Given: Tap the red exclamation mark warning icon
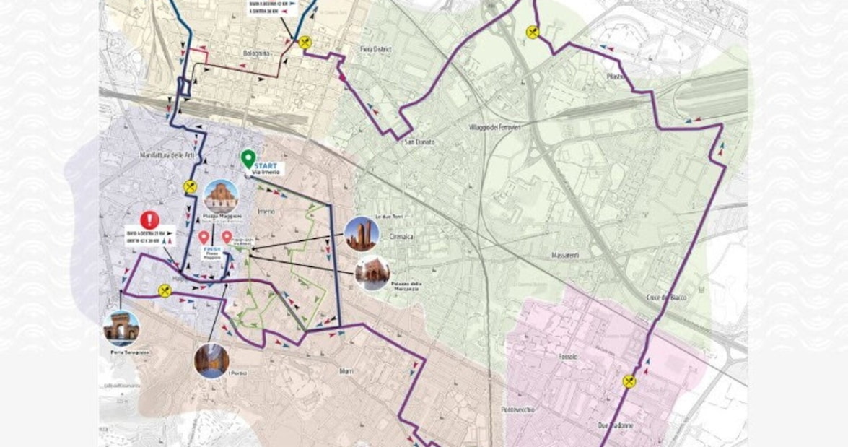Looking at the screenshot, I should [x=149, y=220].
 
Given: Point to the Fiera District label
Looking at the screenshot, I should [x=375, y=49].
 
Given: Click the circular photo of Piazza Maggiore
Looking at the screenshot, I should [x=221, y=196].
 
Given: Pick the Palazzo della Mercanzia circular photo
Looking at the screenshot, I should [x=372, y=273].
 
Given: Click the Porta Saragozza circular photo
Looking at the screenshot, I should [x=121, y=327].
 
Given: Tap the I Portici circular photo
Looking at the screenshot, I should [x=211, y=360].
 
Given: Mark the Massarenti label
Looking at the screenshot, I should [x=566, y=256].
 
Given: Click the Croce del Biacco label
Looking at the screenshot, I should [x=667, y=298].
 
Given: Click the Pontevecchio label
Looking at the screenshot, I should [x=518, y=410].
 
